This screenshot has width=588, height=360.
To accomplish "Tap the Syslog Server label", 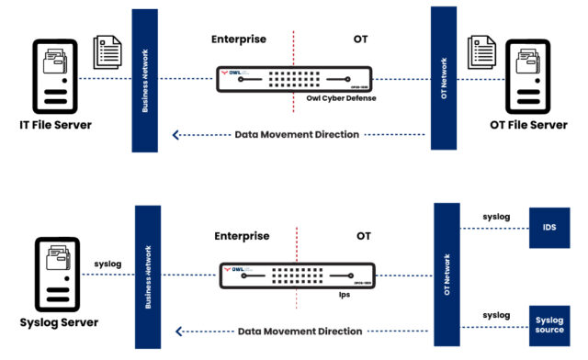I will coord(58,322).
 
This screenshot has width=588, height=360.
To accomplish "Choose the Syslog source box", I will coord(550,324).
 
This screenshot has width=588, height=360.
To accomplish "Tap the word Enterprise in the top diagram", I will coord(240,40).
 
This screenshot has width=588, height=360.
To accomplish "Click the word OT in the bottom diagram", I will coord(365,236).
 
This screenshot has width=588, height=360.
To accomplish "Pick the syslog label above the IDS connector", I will coord(495,218).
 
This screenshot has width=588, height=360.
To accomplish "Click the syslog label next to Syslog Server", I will coord(107,264).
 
